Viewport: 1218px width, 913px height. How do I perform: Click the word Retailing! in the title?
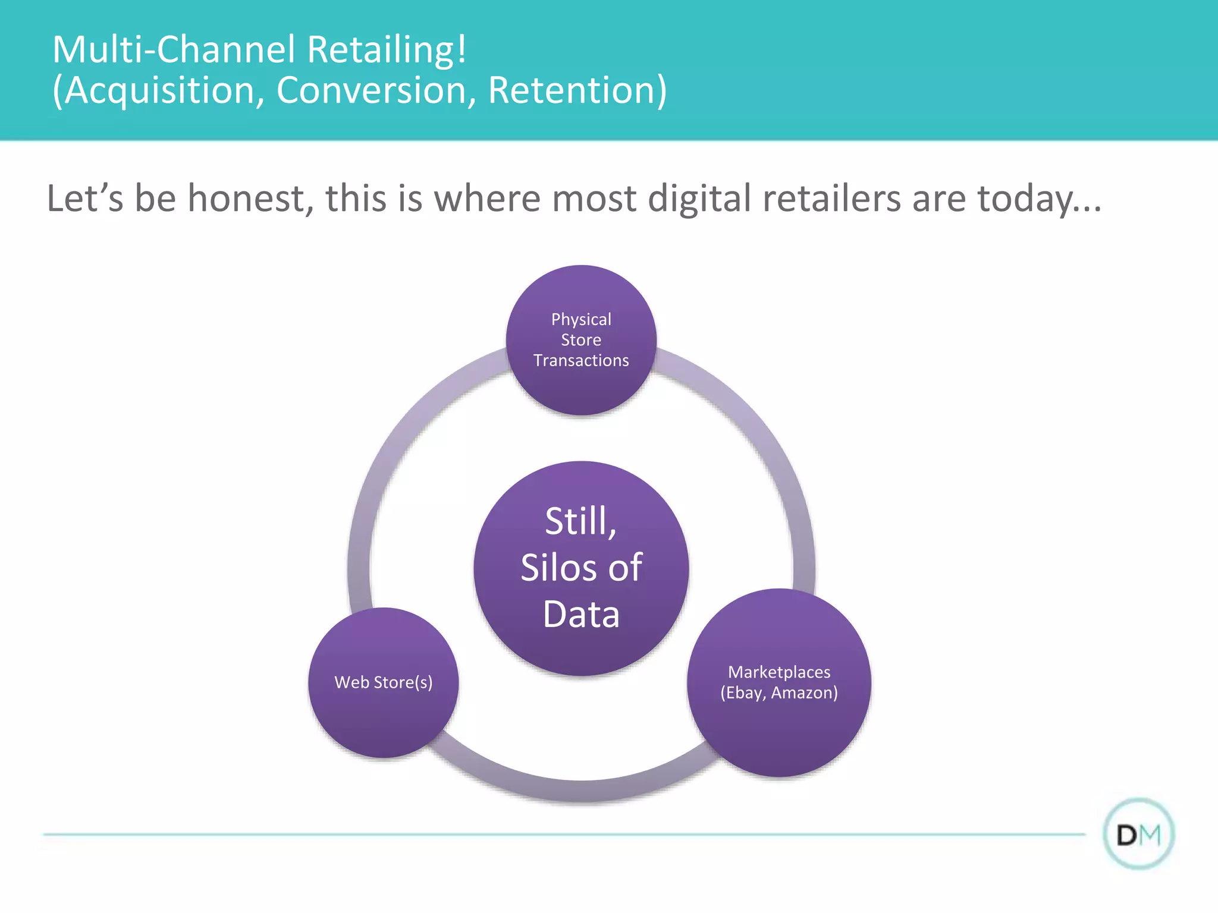(x=387, y=49)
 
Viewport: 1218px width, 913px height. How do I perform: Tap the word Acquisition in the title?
(x=161, y=90)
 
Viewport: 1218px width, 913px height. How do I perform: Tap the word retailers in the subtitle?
(x=831, y=198)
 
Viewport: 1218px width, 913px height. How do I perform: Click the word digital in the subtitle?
(x=699, y=199)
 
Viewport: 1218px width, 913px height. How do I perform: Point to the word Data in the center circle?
(x=581, y=615)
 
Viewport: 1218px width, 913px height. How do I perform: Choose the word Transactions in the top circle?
(x=581, y=361)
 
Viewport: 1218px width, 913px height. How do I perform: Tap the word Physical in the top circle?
(x=581, y=320)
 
